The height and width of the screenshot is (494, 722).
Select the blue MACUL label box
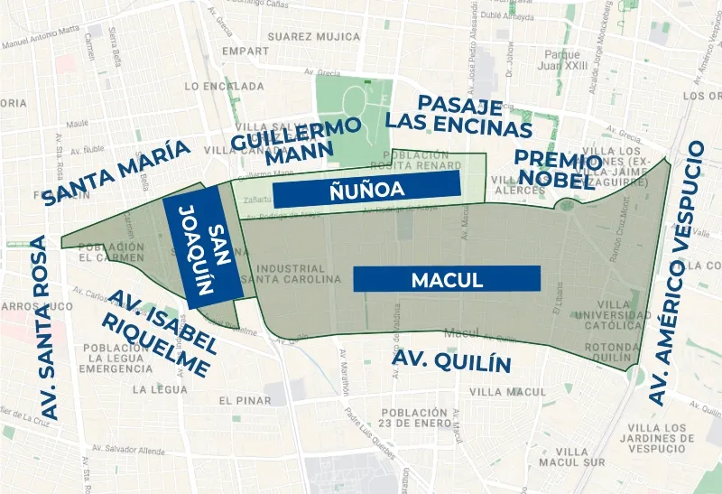[x=447, y=280]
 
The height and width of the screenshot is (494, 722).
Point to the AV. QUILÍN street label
[x=451, y=364]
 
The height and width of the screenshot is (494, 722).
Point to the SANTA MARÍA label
[x=117, y=172]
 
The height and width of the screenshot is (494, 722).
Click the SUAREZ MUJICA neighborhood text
[x=301, y=37]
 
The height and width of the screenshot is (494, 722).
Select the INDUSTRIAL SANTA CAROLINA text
[x=290, y=275]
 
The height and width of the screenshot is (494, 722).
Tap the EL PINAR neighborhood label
[x=245, y=400]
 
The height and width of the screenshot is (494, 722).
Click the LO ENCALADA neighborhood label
[x=223, y=87]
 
